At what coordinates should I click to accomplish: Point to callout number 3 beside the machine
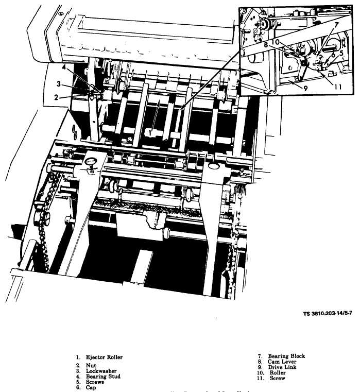59,84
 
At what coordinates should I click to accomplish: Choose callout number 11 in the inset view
337,87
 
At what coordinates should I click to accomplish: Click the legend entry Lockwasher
101,371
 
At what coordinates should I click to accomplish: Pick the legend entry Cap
91,388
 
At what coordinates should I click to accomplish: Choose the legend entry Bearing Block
286,356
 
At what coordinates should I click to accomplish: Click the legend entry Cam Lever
281,362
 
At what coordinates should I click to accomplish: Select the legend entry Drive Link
282,367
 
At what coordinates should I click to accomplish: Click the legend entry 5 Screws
93,382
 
